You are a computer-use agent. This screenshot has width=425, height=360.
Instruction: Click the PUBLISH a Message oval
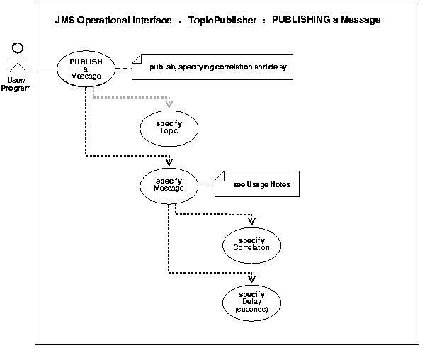pyautogui.click(x=85, y=69)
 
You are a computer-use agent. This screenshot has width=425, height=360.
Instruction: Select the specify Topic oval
pyautogui.click(x=169, y=127)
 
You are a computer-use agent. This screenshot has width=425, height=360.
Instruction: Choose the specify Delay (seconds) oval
pyautogui.click(x=251, y=300)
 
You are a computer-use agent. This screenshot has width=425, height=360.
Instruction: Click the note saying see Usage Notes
pyautogui.click(x=260, y=185)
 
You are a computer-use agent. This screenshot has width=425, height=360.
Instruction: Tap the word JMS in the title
pyautogui.click(x=65, y=20)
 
